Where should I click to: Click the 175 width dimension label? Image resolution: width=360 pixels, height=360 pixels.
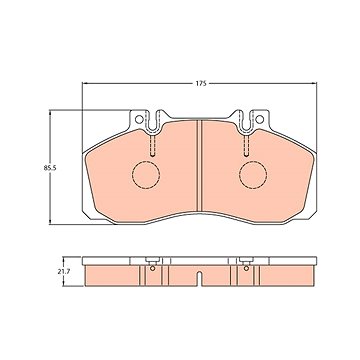point(201,83)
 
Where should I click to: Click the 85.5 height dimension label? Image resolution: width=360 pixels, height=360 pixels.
point(50,168)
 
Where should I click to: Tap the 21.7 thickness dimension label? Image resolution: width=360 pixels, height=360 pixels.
point(63,271)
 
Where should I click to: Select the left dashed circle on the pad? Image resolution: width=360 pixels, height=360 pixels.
point(146,175)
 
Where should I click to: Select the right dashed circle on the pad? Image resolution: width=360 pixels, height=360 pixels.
point(253,175)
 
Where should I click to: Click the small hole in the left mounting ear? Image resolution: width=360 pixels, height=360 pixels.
point(139,119)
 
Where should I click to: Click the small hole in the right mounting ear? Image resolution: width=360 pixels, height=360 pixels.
point(259,119)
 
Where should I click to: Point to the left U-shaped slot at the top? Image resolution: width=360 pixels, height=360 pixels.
point(153,122)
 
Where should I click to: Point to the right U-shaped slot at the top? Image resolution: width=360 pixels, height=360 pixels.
point(246,122)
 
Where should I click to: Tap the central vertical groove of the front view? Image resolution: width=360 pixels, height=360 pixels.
point(200,166)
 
